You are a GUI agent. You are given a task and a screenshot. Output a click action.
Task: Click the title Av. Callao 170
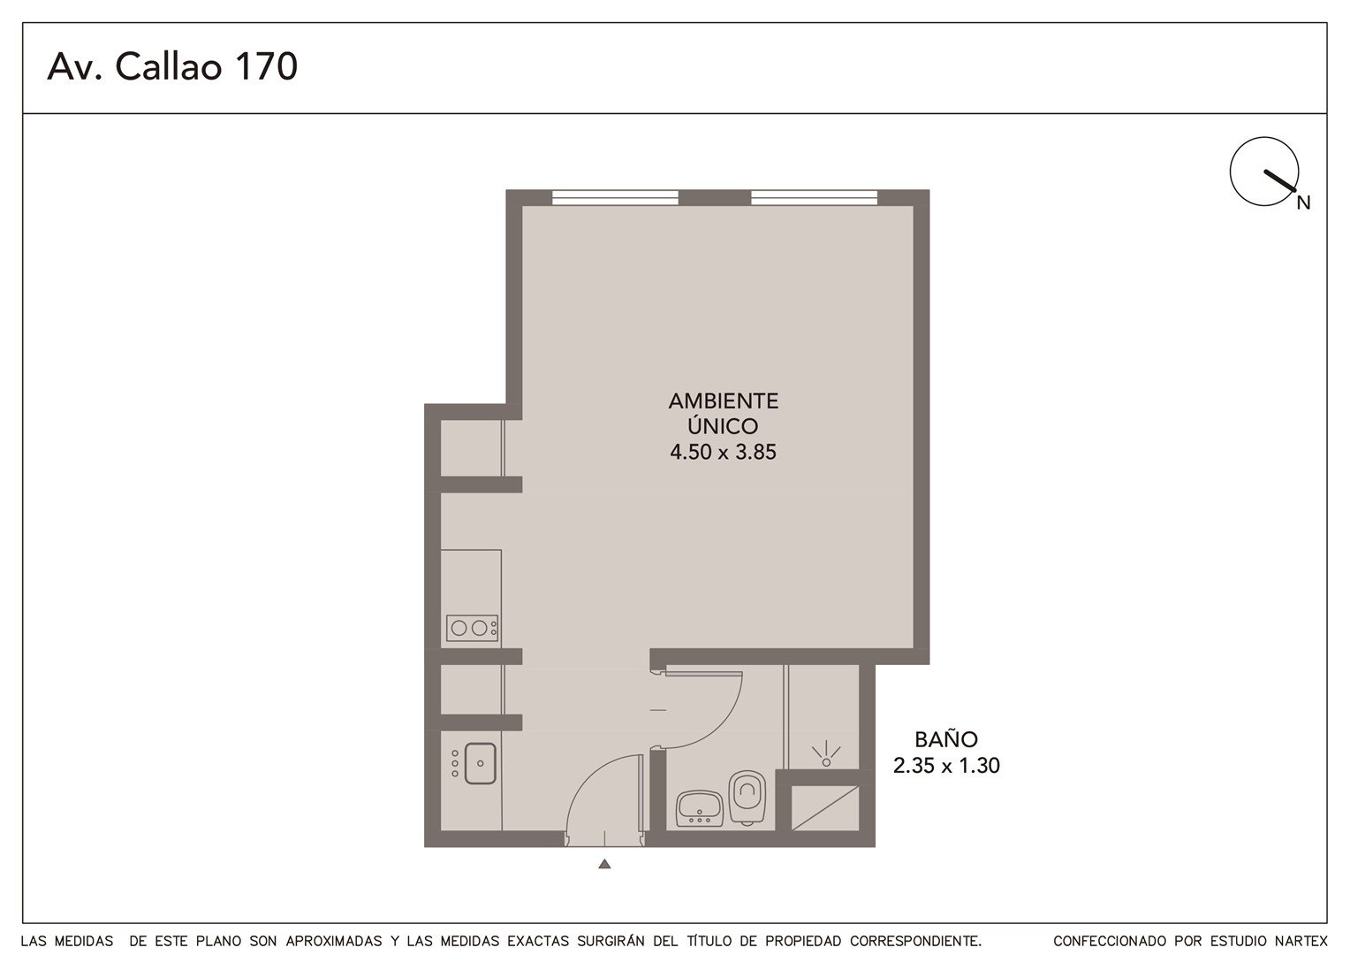pyautogui.click(x=172, y=66)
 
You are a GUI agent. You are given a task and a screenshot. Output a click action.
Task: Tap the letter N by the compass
pyautogui.click(x=1303, y=203)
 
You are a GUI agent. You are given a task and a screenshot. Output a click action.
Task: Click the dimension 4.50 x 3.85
pyautogui.click(x=724, y=452)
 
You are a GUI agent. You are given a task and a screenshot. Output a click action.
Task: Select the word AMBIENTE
pyautogui.click(x=724, y=401)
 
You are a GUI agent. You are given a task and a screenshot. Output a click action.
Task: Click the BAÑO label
pyautogui.click(x=946, y=739)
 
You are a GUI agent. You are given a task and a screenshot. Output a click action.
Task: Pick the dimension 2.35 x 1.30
pyautogui.click(x=946, y=766)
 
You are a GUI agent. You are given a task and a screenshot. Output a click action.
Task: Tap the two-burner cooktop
pyautogui.click(x=472, y=628)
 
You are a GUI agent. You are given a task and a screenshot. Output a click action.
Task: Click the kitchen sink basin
pyautogui.click(x=480, y=763)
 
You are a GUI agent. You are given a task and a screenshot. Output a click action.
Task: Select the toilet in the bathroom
pyautogui.click(x=747, y=796)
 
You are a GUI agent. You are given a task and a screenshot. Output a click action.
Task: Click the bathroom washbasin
pyautogui.click(x=699, y=808)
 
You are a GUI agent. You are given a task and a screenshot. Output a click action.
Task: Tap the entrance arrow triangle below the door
pyautogui.click(x=604, y=865)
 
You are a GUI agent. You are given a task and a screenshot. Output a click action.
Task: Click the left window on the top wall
pyautogui.click(x=615, y=198)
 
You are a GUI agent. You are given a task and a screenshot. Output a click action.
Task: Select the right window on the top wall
pyautogui.click(x=814, y=198)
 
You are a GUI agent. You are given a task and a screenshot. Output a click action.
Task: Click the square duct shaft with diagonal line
pyautogui.click(x=824, y=808)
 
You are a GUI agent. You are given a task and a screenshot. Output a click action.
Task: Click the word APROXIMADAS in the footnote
pyautogui.click(x=334, y=941)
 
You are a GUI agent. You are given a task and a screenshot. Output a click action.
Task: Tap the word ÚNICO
pyautogui.click(x=724, y=426)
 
